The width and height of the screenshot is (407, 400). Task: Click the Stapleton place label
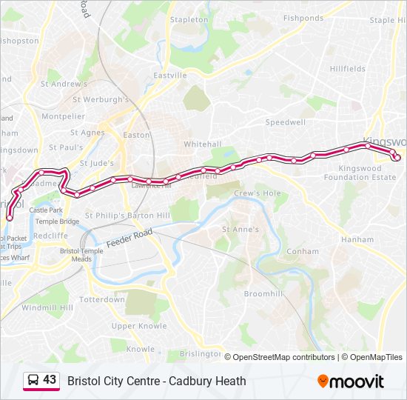pos(189,20)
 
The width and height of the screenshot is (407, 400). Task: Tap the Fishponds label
pos(303,18)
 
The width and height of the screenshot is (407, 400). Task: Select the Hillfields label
pos(348,69)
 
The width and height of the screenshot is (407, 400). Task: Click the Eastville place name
pos(169,76)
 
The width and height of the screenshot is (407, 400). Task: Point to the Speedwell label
pos(286,122)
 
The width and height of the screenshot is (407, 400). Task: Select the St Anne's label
pos(241,230)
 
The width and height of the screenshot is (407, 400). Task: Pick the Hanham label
pos(357,240)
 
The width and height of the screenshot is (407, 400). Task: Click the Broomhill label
pos(263,294)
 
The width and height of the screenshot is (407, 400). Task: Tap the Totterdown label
pos(102,300)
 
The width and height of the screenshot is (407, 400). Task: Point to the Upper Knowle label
pos(139,326)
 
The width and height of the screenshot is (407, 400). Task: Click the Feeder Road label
pos(129,238)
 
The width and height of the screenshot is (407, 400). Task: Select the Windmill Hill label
pos(47,307)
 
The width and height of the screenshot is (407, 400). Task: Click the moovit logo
pos(351,381)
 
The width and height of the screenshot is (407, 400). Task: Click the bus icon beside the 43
pos(33,381)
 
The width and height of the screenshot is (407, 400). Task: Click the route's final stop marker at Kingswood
pos(397,157)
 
